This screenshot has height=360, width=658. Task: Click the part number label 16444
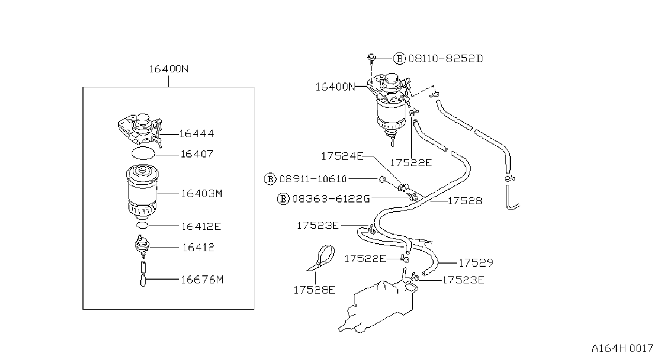196,134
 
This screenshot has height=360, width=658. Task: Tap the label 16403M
201,194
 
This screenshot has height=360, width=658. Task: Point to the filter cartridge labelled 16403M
142,192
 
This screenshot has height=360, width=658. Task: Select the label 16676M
202,280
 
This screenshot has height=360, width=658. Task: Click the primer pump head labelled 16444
140,129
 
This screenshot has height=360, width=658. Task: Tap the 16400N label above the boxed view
169,69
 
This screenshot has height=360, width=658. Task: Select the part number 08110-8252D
445,59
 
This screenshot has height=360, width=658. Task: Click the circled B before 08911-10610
270,179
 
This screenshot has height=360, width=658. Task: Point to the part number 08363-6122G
331,199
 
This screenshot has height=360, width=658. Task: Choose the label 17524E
342,156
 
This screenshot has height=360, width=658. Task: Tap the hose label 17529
475,262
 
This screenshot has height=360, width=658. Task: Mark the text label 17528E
314,290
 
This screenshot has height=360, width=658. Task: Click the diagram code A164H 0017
622,348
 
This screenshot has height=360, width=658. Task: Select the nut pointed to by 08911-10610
382,179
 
